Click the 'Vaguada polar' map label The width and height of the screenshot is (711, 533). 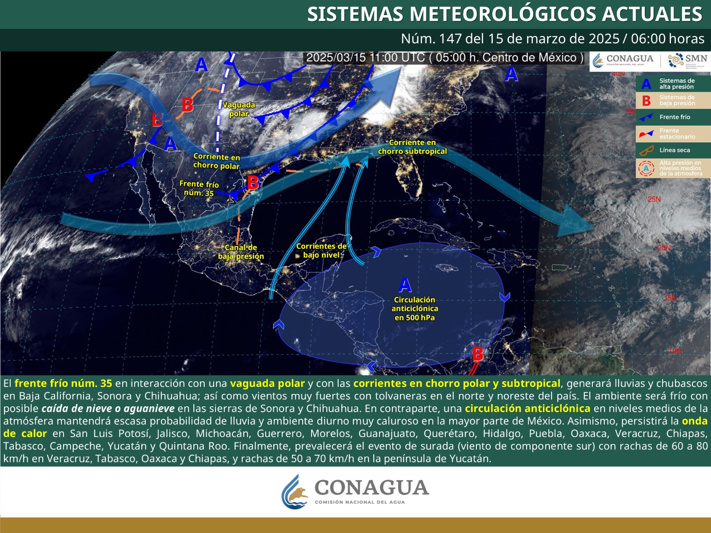point(239,109)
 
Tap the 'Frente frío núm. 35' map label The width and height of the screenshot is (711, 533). point(199,188)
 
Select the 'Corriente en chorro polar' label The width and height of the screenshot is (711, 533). point(216,161)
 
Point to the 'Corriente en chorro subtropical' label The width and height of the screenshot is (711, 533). point(412,147)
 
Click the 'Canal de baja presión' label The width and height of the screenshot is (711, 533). point(241,252)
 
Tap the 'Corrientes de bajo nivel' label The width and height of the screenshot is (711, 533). point(321,251)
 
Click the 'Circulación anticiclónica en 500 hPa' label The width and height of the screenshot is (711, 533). point(415,309)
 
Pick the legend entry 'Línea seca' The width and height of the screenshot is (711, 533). point(675,150)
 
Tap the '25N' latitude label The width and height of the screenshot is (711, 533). point(654,199)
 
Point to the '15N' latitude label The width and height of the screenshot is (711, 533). point(671,298)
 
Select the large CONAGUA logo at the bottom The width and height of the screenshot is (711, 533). point(355,491)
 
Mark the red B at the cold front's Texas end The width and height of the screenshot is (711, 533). point(253,183)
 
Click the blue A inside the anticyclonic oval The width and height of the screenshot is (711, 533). point(405,285)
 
